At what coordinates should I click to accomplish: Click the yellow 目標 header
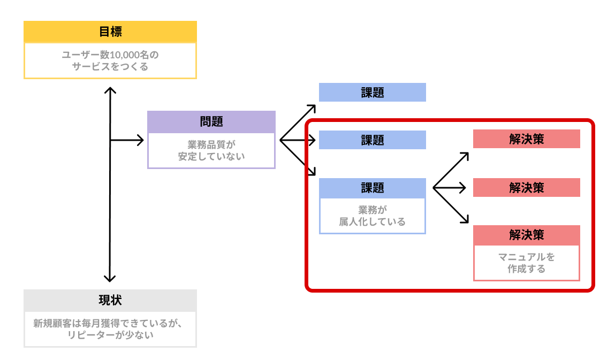point(110,32)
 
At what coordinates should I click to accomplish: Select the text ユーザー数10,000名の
point(110,55)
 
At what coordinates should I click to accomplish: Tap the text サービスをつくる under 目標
point(110,67)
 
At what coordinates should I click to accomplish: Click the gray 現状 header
point(110,300)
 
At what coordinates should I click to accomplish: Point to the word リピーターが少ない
point(110,335)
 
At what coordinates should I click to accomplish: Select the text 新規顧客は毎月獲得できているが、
point(110,323)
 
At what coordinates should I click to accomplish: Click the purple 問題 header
point(211,121)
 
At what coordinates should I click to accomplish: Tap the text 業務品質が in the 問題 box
point(211,144)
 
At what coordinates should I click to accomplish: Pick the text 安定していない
point(211,156)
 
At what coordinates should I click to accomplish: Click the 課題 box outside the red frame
point(373,92)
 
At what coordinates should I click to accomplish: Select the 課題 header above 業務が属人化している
point(373,188)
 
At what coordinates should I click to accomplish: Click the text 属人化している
point(373,221)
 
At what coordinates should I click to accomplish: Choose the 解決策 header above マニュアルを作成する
point(527,235)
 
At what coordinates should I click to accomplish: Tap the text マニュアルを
point(527,257)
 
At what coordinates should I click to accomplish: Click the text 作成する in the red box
point(527,269)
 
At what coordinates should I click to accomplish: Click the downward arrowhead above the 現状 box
point(110,278)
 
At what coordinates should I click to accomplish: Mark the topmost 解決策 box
point(527,139)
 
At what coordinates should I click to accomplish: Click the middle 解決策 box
point(527,187)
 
